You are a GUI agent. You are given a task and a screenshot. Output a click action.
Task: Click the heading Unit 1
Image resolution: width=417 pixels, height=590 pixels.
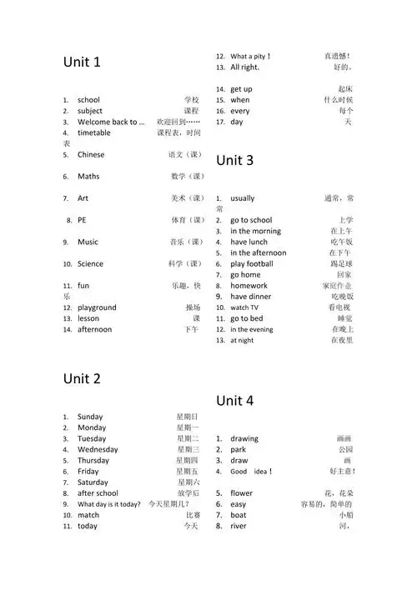(82, 62)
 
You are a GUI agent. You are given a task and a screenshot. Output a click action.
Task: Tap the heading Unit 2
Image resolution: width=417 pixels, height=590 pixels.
(82, 379)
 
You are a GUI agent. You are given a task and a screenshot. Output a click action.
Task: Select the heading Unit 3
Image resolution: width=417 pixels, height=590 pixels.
(234, 160)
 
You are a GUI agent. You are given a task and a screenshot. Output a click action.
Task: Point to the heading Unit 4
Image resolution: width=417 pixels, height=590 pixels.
(234, 401)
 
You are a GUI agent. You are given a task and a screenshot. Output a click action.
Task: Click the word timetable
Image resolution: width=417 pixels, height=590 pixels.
(93, 132)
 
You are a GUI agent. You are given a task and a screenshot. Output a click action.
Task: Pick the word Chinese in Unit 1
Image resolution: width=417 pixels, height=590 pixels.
(91, 154)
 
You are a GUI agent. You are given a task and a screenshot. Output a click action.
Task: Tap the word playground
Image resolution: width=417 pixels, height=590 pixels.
(97, 307)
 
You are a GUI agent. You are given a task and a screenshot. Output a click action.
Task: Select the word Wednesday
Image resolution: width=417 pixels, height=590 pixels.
(98, 449)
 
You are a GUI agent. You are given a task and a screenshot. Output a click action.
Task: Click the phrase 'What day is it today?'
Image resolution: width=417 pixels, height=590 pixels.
(109, 504)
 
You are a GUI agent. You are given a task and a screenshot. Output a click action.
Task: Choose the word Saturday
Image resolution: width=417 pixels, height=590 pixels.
(93, 482)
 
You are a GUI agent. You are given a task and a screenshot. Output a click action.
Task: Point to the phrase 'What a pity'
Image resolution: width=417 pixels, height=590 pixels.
(249, 57)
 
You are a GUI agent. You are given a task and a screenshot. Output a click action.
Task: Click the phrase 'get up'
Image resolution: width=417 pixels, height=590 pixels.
(241, 89)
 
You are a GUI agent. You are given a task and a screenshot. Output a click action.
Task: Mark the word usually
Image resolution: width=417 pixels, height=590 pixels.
(243, 198)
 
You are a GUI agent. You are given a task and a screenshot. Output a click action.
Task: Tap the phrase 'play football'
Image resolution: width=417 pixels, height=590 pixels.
(252, 264)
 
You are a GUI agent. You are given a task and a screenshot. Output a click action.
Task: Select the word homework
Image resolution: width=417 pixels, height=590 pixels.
(249, 286)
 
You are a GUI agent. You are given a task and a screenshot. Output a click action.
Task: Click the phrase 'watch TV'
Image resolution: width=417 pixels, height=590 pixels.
(244, 307)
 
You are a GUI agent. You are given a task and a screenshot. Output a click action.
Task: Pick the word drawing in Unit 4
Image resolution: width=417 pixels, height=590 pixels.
(244, 438)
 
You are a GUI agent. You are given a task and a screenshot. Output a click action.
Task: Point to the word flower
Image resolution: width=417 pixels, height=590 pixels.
(241, 493)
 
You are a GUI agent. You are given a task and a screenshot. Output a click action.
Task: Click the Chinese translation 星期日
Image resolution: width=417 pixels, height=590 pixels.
(187, 417)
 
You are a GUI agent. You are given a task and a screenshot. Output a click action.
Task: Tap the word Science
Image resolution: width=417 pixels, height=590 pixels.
(91, 264)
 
